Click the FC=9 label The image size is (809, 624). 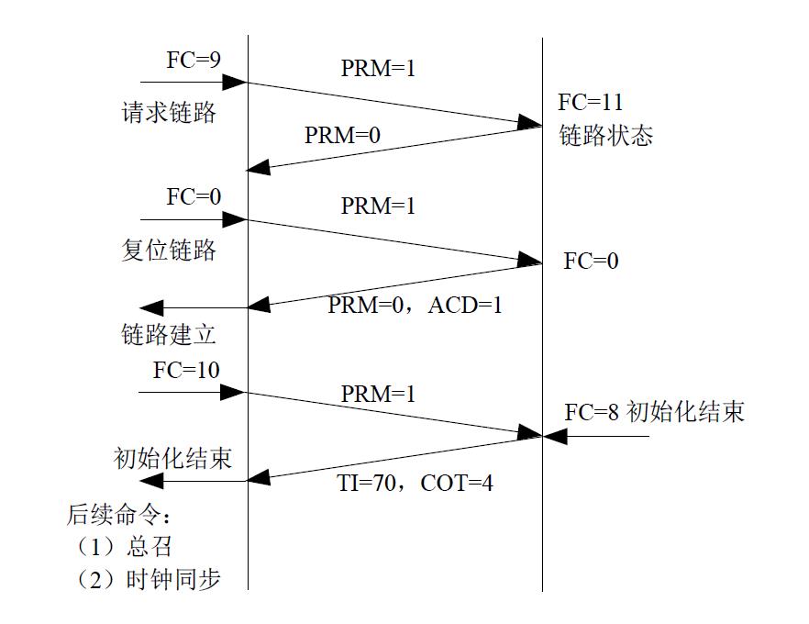click(193, 61)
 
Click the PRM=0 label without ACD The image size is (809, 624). click(342, 136)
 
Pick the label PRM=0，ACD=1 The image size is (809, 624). click(415, 305)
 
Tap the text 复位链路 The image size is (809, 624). click(169, 250)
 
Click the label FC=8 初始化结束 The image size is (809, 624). click(653, 412)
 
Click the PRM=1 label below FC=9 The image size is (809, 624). click(378, 68)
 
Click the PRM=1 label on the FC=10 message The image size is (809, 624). click(378, 394)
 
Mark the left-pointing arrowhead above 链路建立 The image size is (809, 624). click(150, 308)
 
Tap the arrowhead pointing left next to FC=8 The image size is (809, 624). click(557, 437)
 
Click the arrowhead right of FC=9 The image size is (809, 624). click(236, 83)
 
